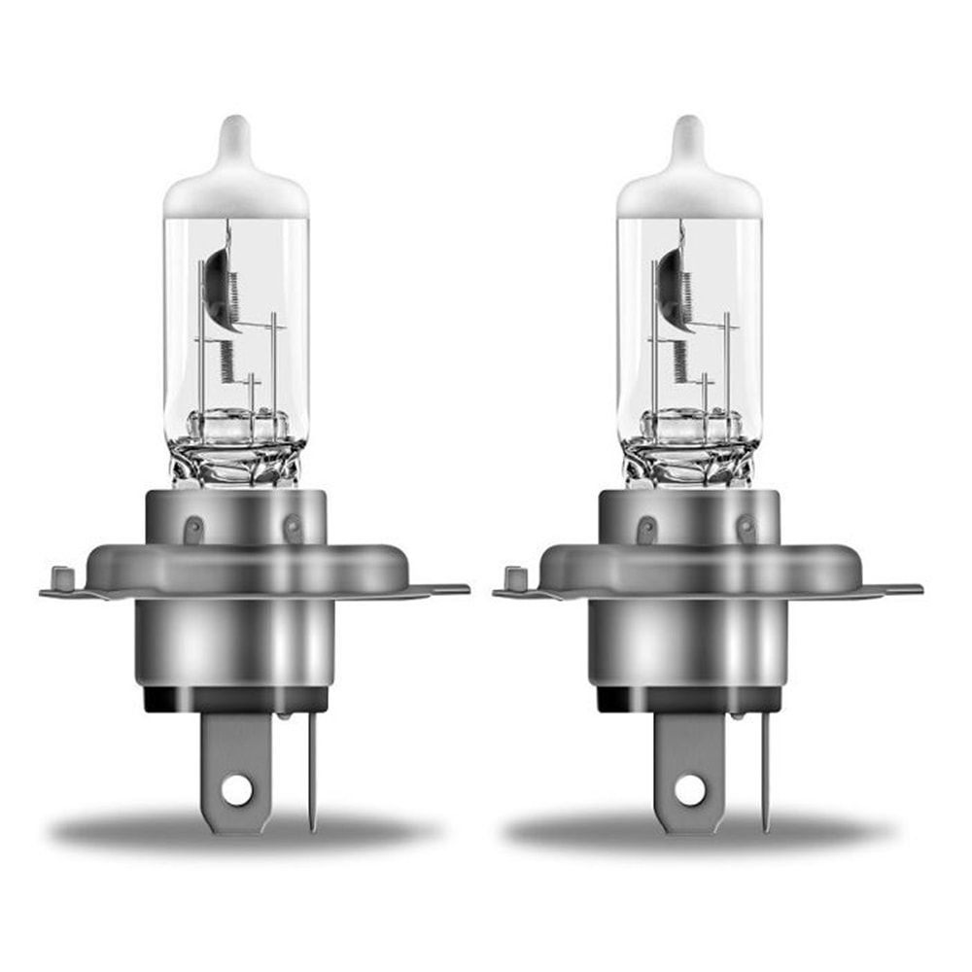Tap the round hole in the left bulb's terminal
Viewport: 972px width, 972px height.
click(x=236, y=790)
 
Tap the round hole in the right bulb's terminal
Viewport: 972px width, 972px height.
click(x=689, y=790)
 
